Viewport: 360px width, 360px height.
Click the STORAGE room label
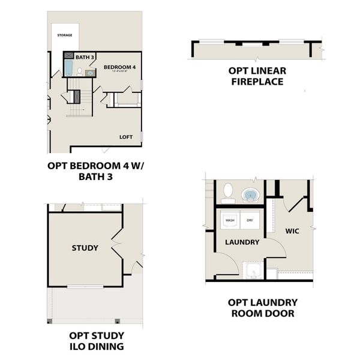pyautogui.click(x=65, y=35)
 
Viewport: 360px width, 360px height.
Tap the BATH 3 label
pyautogui.click(x=85, y=57)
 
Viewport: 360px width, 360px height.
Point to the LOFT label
pyautogui.click(x=125, y=137)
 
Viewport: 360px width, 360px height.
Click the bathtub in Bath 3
pyautogui.click(x=68, y=68)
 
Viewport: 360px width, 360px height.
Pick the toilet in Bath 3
pyautogui.click(x=80, y=73)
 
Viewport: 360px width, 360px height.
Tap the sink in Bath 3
pyautogui.click(x=90, y=73)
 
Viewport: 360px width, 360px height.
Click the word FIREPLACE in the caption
pyautogui.click(x=257, y=81)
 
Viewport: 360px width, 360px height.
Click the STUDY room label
pyautogui.click(x=85, y=248)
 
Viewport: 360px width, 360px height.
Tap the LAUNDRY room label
pyautogui.click(x=242, y=242)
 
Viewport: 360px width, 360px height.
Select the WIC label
pyautogui.click(x=292, y=230)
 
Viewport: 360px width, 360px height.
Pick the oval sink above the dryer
pyautogui.click(x=250, y=195)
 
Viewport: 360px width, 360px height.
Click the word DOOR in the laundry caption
pyautogui.click(x=281, y=313)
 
